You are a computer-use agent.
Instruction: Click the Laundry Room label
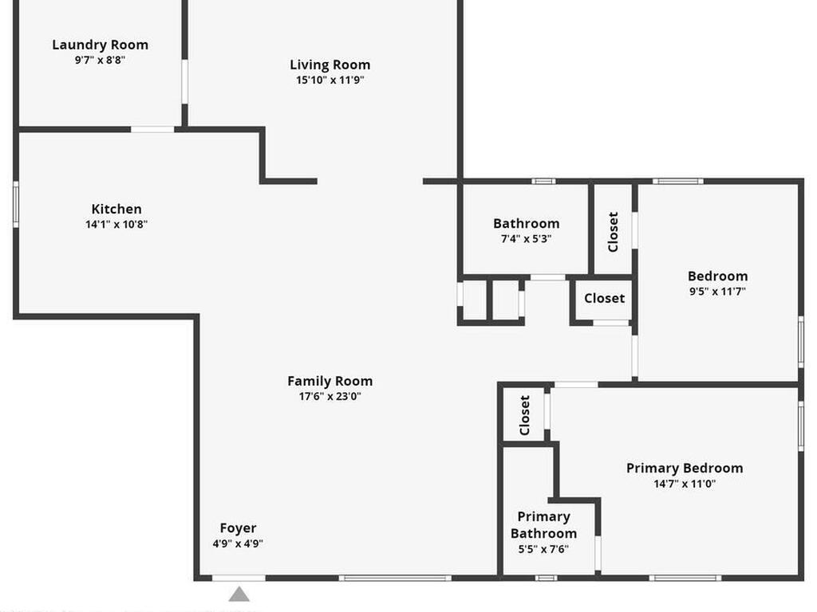(100, 45)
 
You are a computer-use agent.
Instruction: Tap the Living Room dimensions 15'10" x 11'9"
(330, 80)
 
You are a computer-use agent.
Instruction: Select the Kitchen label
(116, 209)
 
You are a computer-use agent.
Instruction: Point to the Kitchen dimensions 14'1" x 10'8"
(116, 225)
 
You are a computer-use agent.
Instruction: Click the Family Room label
(330, 381)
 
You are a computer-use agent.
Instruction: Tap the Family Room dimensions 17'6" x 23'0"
(330, 397)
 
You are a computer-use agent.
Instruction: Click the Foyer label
(238, 528)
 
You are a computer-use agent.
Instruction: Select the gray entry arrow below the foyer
(239, 594)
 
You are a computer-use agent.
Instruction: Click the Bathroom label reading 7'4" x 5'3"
(526, 223)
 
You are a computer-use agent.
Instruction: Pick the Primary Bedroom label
(684, 468)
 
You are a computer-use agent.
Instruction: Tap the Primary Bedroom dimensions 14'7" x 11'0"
(684, 484)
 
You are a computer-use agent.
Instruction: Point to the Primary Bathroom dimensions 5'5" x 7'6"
(543, 549)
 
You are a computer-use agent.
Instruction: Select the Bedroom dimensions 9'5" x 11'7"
(717, 292)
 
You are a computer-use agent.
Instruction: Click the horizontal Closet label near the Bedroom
(604, 298)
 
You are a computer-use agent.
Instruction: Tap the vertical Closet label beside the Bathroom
(613, 231)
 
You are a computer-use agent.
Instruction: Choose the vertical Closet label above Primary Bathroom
(524, 415)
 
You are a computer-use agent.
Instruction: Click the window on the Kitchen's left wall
(15, 205)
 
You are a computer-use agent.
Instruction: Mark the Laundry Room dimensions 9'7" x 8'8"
(100, 60)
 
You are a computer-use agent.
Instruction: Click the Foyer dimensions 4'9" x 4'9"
(238, 543)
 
